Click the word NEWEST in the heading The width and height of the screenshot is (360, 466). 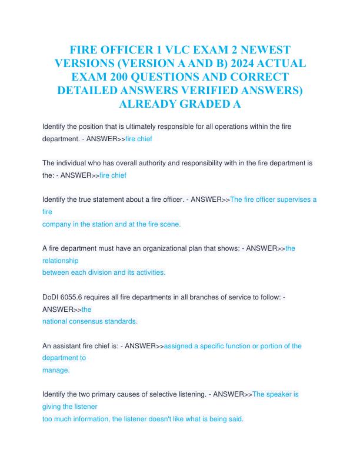click(x=260, y=49)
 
